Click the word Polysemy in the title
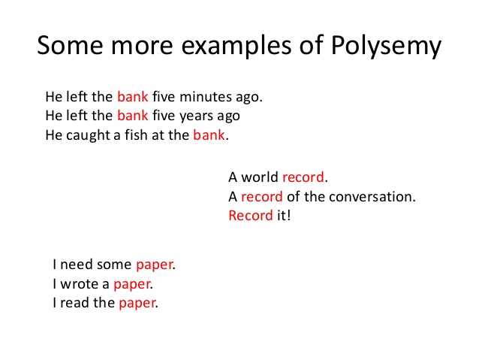coord(386,46)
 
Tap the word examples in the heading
coord(236,46)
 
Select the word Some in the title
coord(70,45)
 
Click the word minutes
coord(206,97)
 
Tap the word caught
coord(88,135)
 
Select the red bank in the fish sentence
coord(209,135)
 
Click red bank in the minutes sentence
coord(133,97)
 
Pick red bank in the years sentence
coord(133,116)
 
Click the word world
coord(260,177)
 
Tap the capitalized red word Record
coord(251,216)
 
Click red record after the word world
coord(303,177)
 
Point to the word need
coord(77,265)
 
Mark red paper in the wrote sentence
coord(131,285)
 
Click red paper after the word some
coord(154,265)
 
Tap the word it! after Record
coord(284,216)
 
